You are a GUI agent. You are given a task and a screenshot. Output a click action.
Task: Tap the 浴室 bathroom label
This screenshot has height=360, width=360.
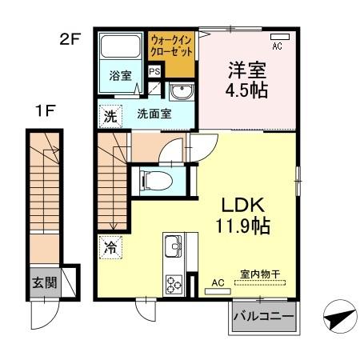(120, 77)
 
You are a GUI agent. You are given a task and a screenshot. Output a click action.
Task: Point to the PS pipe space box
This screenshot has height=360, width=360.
(154, 70)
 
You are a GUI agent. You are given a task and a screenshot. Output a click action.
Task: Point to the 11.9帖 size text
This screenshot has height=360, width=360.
(238, 226)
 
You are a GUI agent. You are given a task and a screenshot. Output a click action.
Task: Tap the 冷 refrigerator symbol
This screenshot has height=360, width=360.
(109, 249)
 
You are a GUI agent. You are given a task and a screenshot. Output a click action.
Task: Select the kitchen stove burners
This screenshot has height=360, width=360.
(174, 284)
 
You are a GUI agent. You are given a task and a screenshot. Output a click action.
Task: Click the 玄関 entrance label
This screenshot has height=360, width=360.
(44, 283)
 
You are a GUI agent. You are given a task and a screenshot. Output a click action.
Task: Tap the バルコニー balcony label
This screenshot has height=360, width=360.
(263, 316)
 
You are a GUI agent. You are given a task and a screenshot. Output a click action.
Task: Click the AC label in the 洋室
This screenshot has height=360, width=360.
(278, 46)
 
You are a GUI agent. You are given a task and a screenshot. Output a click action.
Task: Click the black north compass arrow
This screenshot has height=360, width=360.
(337, 320)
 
